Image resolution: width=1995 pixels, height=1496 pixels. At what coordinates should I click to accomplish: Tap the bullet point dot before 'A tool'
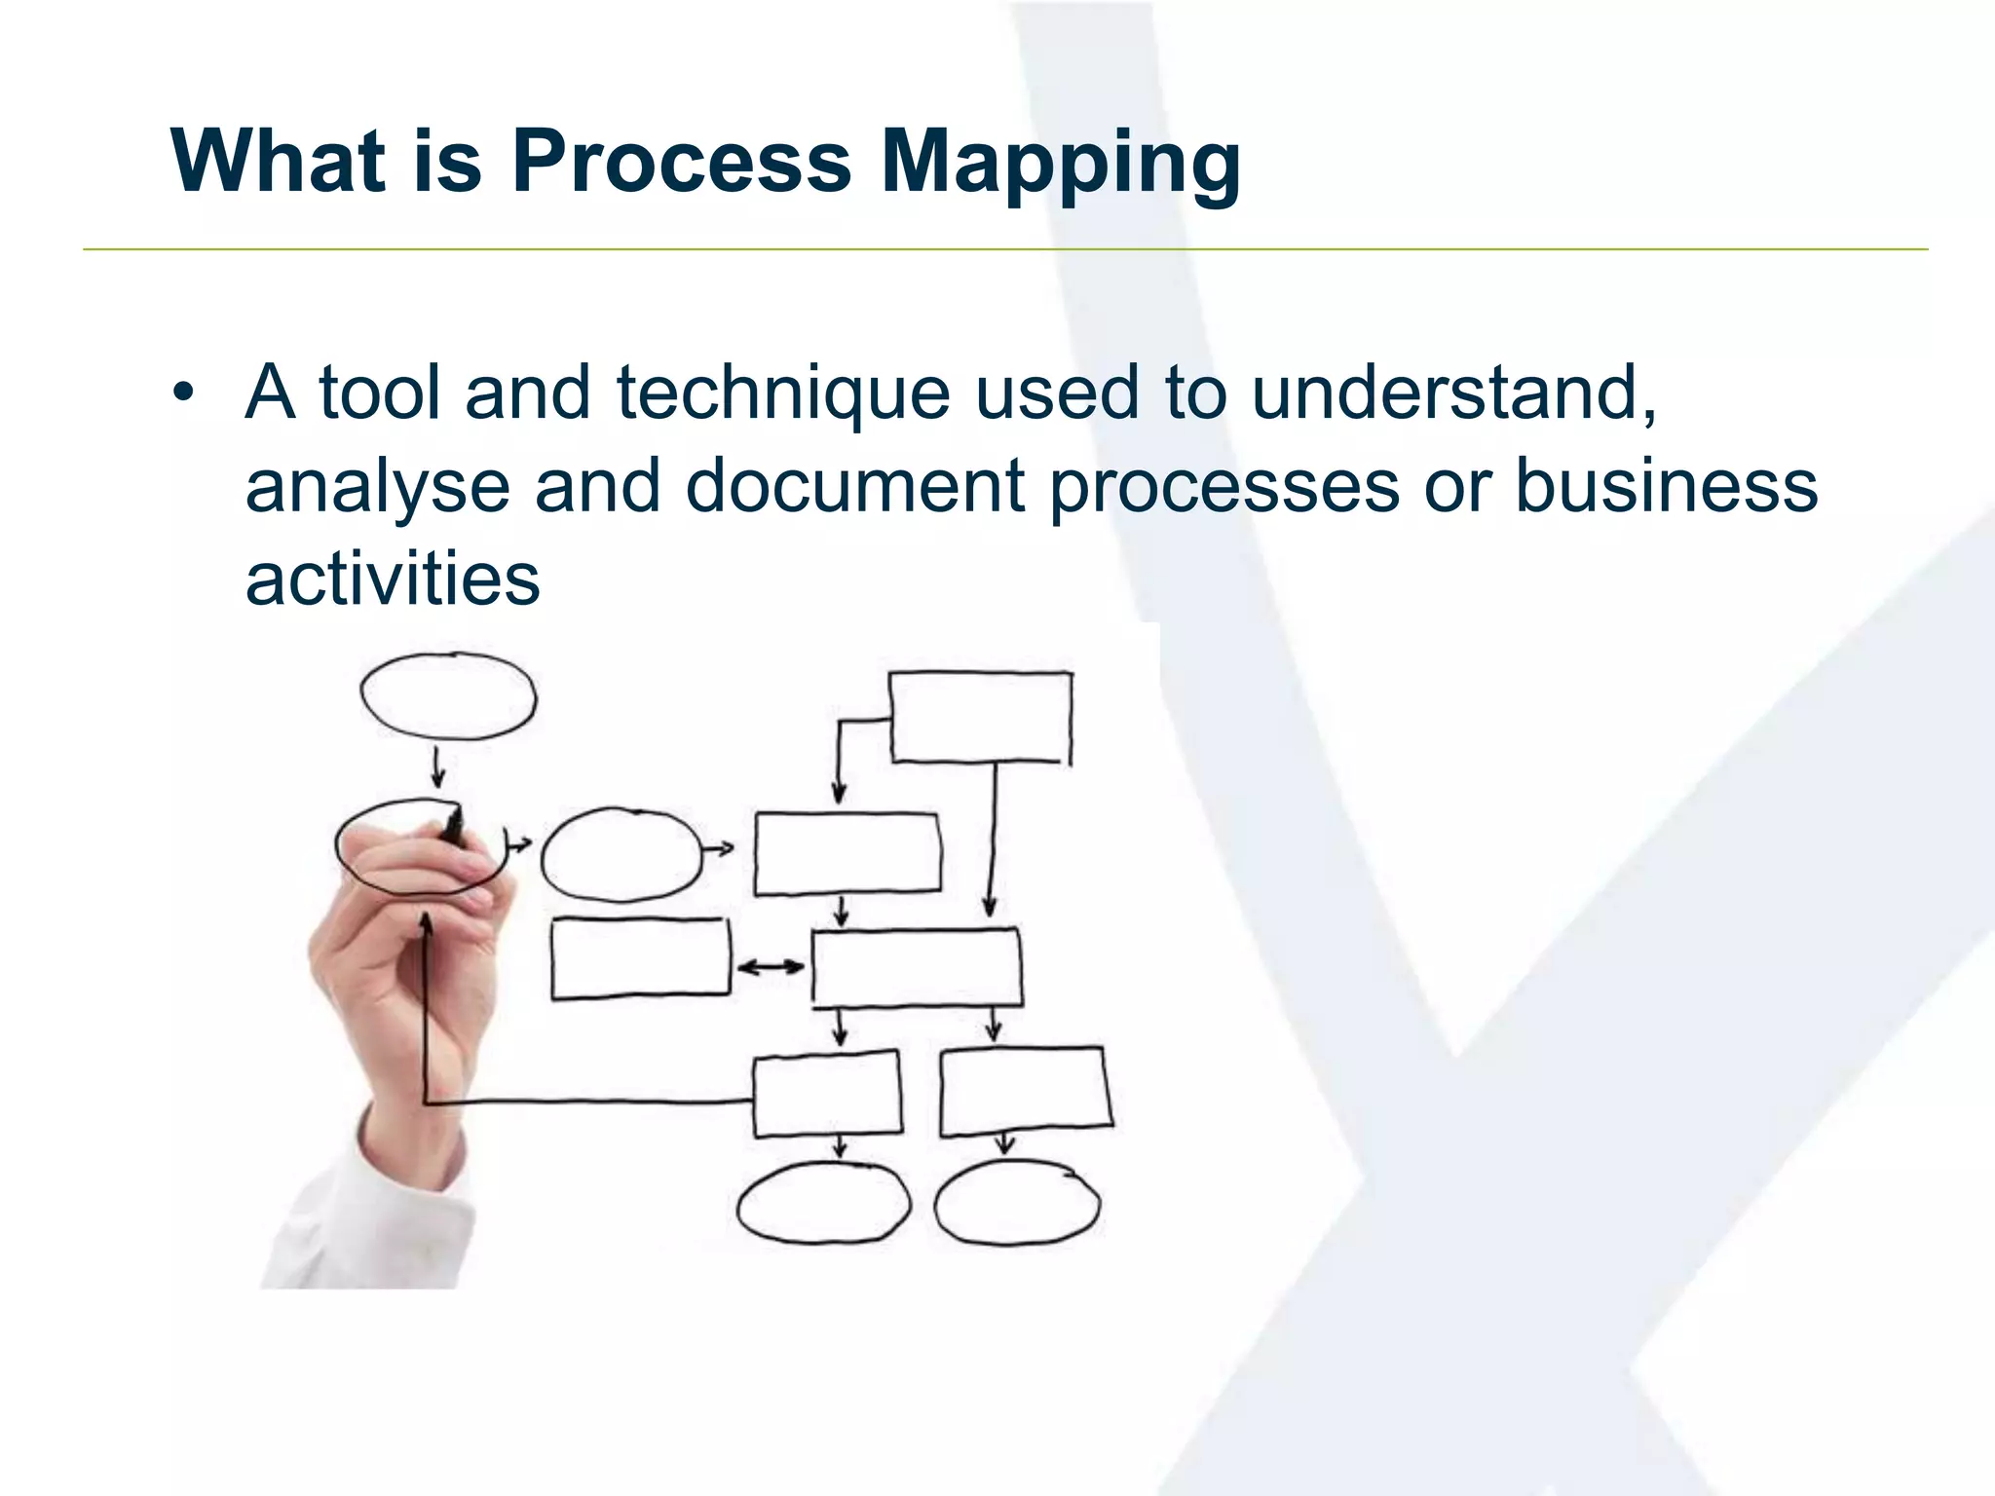[x=183, y=393]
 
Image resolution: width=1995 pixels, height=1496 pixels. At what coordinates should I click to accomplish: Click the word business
[x=1666, y=485]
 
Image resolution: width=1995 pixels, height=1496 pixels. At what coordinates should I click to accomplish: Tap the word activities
[x=393, y=580]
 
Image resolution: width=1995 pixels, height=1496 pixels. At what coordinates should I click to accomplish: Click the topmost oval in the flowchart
[x=448, y=695]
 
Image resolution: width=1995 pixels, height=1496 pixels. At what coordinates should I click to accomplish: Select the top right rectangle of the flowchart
[x=980, y=717]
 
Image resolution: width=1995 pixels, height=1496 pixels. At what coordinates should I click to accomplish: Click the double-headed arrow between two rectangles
[x=771, y=967]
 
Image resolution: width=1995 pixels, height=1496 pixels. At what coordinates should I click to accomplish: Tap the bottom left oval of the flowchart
[x=823, y=1204]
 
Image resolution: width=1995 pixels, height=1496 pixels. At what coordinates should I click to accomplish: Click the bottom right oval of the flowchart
[x=1017, y=1204]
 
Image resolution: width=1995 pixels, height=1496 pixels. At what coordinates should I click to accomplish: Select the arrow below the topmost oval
[x=438, y=767]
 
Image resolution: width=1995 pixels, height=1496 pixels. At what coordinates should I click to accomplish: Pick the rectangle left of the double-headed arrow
[x=640, y=958]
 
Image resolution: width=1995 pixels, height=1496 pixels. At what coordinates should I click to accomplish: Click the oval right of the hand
[x=621, y=854]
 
